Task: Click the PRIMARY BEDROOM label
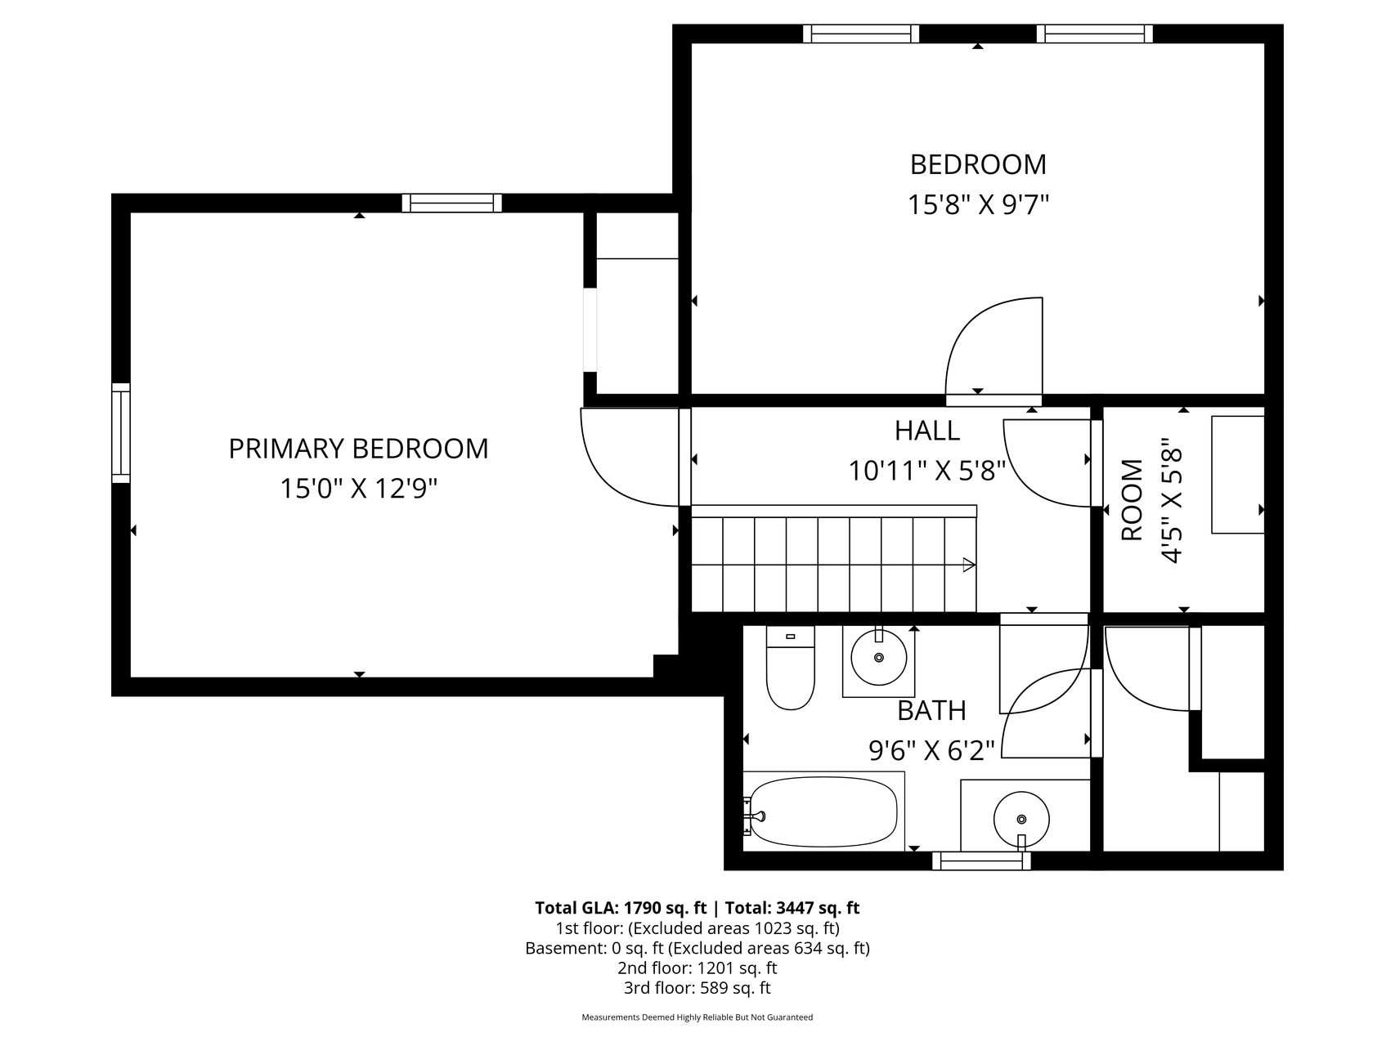(x=358, y=449)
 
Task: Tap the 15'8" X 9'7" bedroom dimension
(x=978, y=204)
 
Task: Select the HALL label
(x=926, y=430)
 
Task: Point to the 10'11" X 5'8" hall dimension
(x=926, y=471)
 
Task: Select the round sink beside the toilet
(x=879, y=657)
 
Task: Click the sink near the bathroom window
(x=1021, y=818)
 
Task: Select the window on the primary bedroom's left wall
(x=121, y=433)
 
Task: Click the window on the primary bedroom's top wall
(x=451, y=203)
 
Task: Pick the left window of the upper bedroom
(x=861, y=34)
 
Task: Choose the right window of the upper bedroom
(x=1094, y=34)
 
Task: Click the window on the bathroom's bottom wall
(x=981, y=860)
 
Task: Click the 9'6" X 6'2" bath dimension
(x=931, y=750)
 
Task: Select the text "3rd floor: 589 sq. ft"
(x=697, y=988)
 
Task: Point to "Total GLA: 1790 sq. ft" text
(x=621, y=907)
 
